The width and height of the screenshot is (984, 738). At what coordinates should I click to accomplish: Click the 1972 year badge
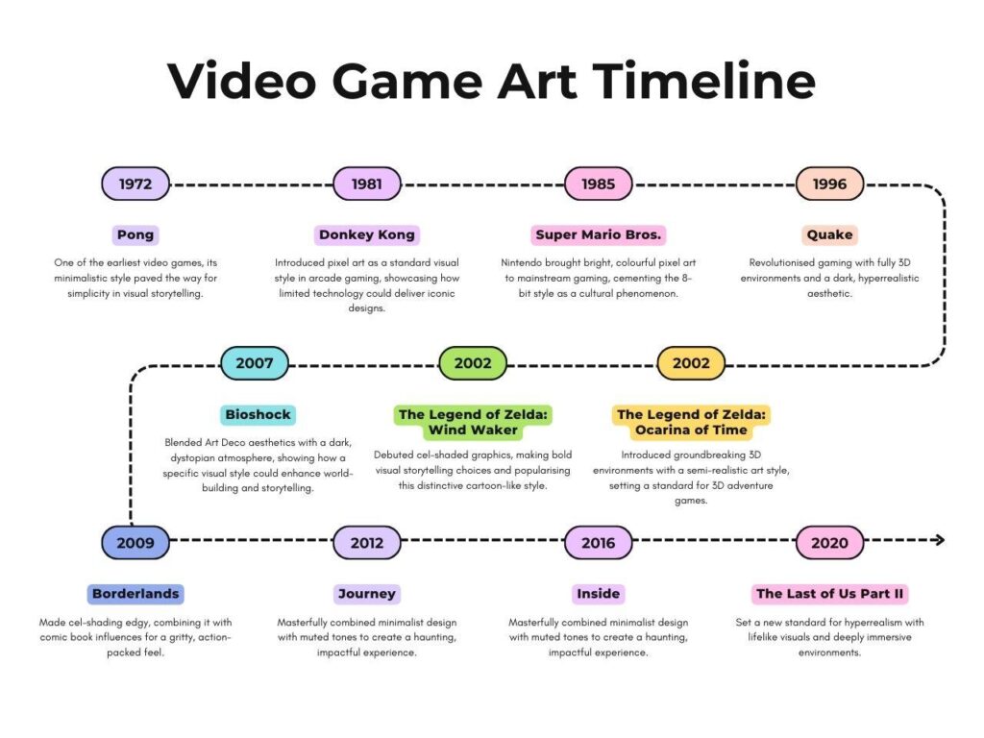(x=135, y=184)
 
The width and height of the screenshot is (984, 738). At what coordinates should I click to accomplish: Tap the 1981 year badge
(x=367, y=184)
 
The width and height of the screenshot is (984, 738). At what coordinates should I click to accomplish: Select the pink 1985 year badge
(x=598, y=184)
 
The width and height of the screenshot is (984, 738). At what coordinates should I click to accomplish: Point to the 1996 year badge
(x=829, y=184)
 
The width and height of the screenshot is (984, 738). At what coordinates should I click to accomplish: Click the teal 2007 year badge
(x=255, y=363)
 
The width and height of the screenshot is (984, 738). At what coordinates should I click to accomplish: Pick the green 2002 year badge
(x=473, y=363)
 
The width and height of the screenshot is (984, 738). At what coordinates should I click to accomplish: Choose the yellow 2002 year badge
(x=691, y=363)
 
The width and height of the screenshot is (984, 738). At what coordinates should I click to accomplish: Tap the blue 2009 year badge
(x=135, y=542)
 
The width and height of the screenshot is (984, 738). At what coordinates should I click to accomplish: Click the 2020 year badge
(x=829, y=542)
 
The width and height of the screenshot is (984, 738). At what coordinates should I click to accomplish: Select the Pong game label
(x=135, y=234)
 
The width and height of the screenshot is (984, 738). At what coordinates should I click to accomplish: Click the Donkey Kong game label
(x=367, y=234)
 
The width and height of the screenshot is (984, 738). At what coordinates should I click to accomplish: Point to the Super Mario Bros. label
(x=599, y=234)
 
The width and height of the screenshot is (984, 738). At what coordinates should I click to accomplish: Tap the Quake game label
(x=829, y=234)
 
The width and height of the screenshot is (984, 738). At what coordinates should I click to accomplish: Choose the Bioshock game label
(x=258, y=415)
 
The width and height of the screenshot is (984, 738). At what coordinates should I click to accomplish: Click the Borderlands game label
(x=135, y=594)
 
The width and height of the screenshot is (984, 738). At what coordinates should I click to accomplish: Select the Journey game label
(x=367, y=594)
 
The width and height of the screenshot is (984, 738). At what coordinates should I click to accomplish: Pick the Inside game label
(x=598, y=594)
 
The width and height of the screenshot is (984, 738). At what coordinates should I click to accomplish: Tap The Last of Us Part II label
(x=830, y=594)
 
